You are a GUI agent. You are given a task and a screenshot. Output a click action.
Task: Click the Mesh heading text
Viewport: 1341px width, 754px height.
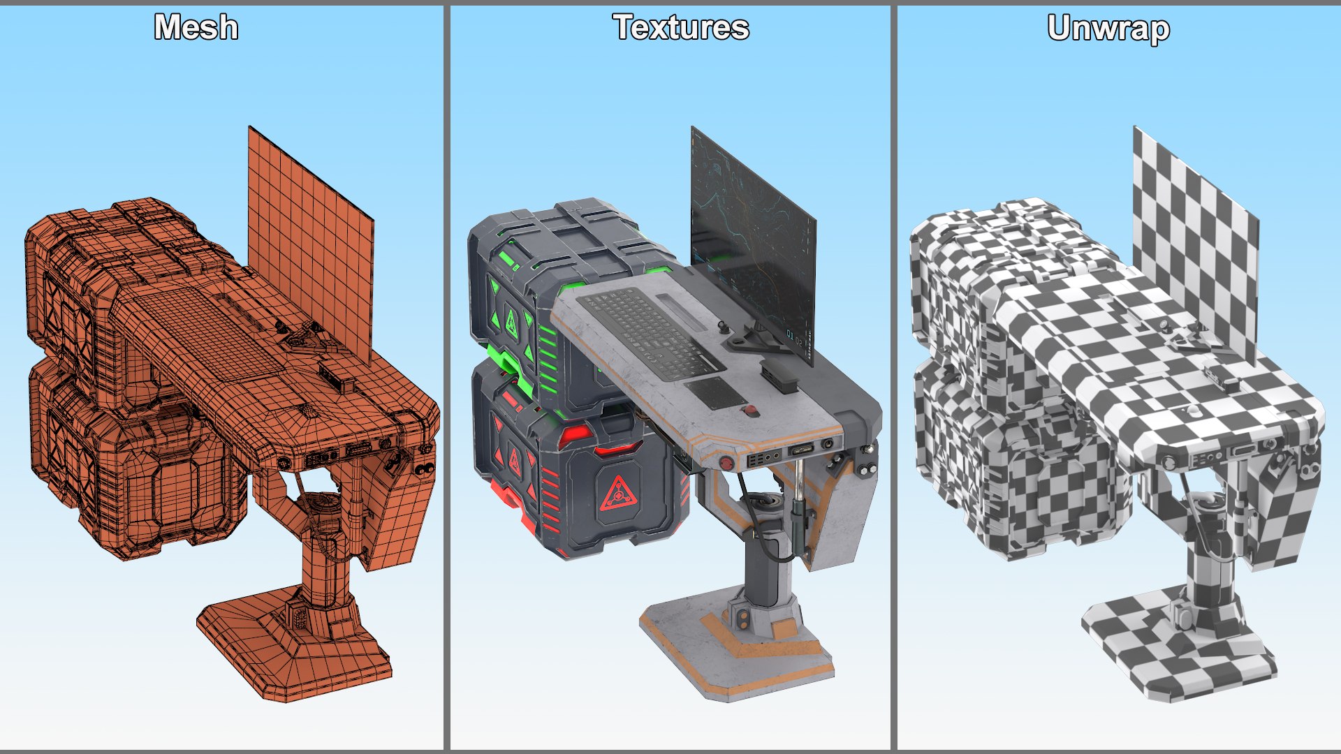click(x=196, y=28)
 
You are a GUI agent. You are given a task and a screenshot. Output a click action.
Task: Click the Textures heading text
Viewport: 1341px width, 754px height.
click(x=681, y=28)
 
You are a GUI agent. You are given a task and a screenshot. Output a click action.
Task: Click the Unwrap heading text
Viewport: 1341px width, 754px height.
click(x=1108, y=29)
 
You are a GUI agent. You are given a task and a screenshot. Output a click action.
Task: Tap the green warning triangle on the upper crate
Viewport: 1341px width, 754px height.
click(x=512, y=323)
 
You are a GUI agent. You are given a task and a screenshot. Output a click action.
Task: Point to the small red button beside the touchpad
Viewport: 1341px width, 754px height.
click(x=752, y=411)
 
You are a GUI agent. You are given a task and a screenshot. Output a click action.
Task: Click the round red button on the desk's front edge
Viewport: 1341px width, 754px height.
click(x=727, y=462)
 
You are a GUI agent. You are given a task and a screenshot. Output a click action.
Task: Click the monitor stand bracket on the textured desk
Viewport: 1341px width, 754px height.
click(x=751, y=342)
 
